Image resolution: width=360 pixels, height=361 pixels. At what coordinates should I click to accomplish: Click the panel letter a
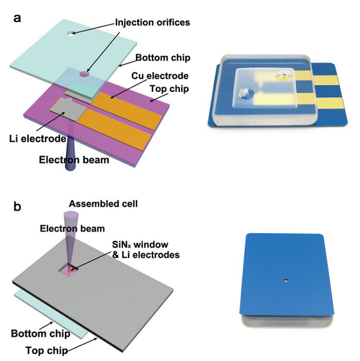[x=17, y=19]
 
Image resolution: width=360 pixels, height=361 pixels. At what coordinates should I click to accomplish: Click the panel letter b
[x=17, y=206]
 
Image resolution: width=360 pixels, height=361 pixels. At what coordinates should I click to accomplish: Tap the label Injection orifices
[x=152, y=23]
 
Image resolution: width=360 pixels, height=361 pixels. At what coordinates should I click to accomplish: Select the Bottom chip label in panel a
[x=163, y=58]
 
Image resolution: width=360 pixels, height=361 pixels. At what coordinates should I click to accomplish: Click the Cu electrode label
[x=160, y=76]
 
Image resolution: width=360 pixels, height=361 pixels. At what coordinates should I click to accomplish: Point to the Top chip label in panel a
[x=169, y=89]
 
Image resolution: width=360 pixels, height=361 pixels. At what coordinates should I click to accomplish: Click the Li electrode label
[x=37, y=139]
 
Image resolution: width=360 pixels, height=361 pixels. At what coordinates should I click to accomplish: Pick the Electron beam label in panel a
[x=74, y=160]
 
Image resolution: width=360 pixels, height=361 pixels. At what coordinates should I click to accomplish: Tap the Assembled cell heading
[x=103, y=204]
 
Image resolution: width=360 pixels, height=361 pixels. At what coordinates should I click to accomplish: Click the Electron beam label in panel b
[x=72, y=229]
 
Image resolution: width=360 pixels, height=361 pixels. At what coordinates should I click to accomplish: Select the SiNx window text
[x=140, y=244]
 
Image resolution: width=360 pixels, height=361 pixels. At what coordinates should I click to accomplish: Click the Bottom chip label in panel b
[x=40, y=333]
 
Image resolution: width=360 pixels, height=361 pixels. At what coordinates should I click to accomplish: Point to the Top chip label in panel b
[x=47, y=350]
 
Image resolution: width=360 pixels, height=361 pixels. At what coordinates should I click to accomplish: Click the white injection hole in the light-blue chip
[x=71, y=34]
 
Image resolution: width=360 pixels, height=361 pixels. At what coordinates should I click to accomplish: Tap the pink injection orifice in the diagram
[x=84, y=74]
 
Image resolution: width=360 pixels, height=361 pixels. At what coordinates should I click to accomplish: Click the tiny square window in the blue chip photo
[x=286, y=280]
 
